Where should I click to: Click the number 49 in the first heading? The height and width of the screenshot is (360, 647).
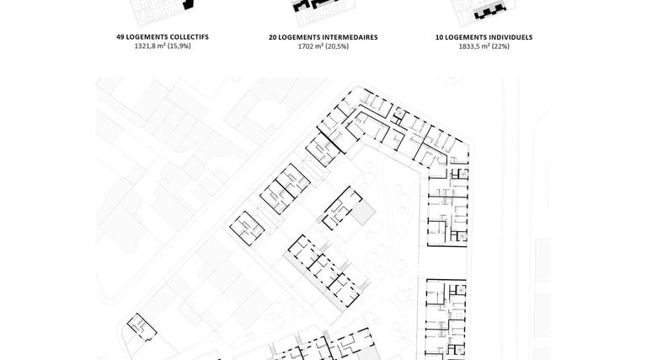pos(120,38)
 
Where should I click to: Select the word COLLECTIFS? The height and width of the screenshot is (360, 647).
pos(185,38)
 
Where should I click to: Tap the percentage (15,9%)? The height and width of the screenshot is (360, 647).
pos(179,46)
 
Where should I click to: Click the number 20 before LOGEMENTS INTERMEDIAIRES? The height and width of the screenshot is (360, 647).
pos(273,38)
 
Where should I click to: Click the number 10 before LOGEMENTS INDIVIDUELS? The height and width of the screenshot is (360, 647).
pos(439,38)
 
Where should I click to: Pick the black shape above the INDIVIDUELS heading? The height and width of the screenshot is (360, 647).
pos(489,12)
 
